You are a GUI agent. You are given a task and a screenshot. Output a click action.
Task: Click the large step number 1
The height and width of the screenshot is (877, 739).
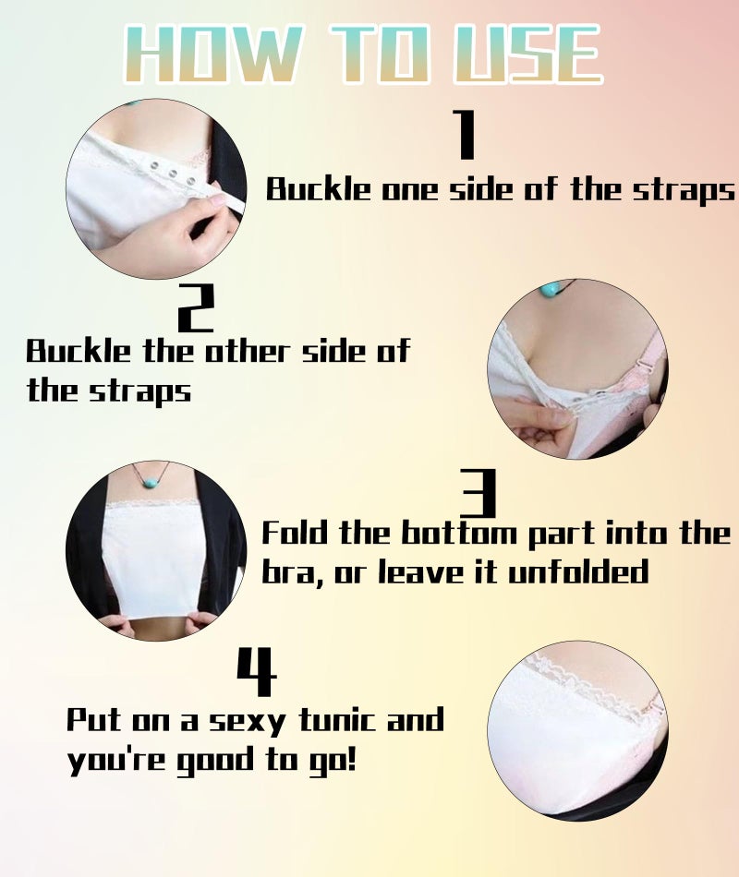coord(464,134)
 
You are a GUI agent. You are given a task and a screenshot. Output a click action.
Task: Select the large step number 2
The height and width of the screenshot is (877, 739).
coord(196,307)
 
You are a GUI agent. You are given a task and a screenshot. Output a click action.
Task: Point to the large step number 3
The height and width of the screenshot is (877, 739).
coord(479,493)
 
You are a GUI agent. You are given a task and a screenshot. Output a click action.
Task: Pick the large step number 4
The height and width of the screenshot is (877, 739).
coord(257,671)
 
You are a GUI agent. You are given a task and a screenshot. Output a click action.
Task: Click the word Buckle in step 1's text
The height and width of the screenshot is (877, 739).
coord(318,189)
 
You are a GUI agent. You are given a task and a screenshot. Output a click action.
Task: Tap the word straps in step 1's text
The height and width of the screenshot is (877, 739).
coord(683,191)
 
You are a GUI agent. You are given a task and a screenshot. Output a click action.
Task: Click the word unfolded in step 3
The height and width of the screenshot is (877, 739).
coord(577,571)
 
